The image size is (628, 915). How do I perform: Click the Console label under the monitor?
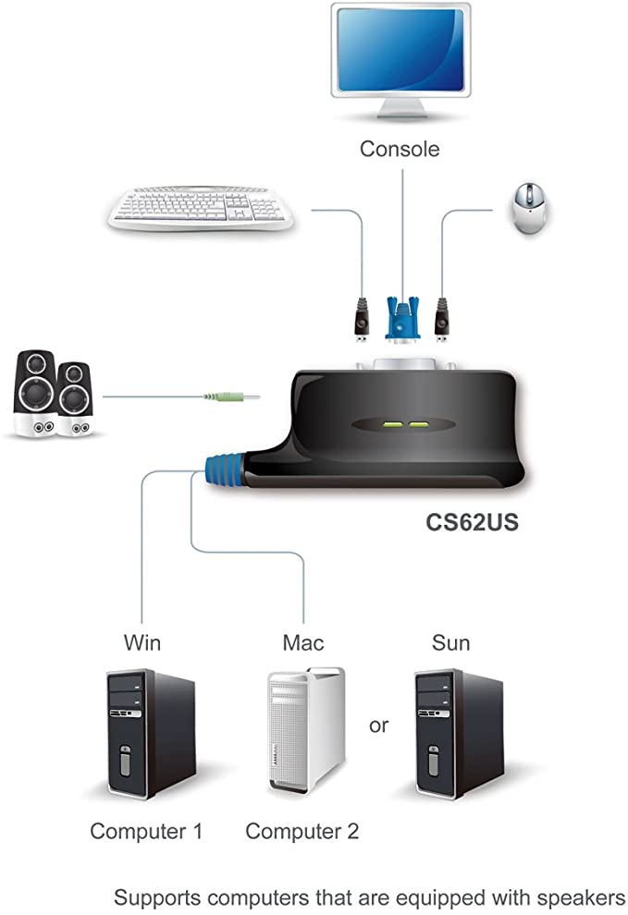click(400, 148)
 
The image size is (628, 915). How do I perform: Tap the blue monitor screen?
click(399, 56)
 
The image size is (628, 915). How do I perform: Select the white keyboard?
click(200, 209)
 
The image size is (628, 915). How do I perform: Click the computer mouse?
click(529, 208)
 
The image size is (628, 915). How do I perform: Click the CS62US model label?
click(472, 522)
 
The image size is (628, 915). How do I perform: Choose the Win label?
click(142, 641)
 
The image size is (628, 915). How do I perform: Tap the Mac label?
click(304, 641)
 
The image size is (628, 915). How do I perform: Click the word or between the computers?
click(379, 725)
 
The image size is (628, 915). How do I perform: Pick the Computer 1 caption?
click(146, 831)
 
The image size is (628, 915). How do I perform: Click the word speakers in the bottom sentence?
click(569, 897)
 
